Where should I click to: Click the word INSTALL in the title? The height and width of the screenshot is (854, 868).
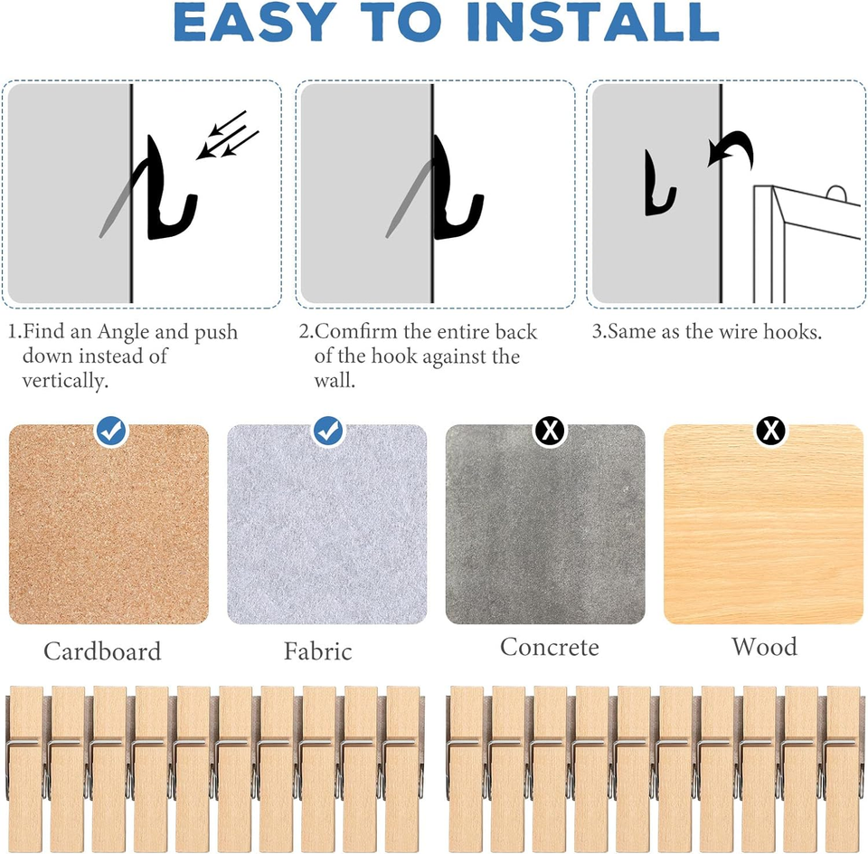tap(594, 24)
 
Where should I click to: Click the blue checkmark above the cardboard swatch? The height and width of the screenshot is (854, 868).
tap(112, 432)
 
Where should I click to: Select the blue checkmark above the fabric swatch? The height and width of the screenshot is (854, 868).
tap(328, 432)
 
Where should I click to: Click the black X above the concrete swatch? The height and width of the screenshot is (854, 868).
tap(549, 432)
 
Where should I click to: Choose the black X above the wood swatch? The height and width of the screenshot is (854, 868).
tap(770, 432)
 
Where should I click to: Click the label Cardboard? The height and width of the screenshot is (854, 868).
tap(102, 651)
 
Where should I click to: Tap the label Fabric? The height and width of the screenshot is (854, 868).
tap(317, 651)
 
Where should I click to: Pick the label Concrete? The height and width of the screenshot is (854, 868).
tap(549, 648)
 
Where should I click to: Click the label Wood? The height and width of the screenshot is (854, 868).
tap(764, 647)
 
